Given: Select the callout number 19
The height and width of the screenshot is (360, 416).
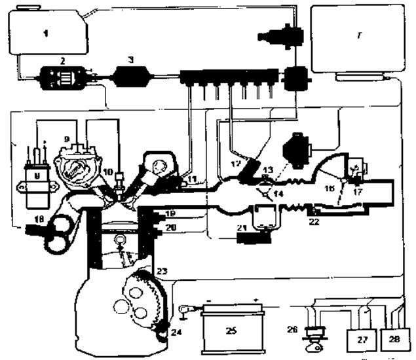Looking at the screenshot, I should click(x=170, y=213).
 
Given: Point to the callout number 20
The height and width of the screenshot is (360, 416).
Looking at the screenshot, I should click(x=170, y=228).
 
